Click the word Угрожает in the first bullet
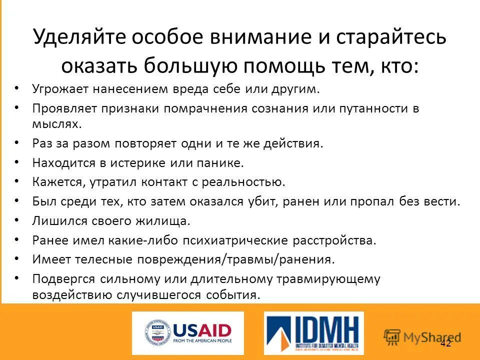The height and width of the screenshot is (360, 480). point(60,89)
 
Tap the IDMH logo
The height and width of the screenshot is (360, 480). point(313,333)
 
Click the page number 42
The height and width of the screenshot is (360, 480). point(445,343)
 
